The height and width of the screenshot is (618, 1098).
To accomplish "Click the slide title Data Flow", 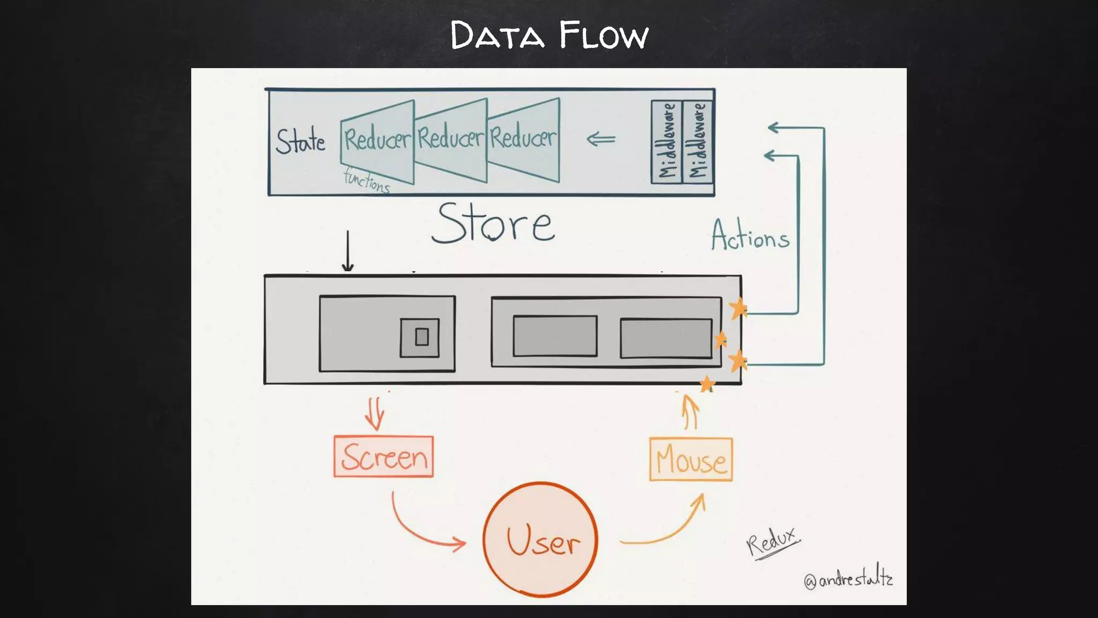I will (549, 35).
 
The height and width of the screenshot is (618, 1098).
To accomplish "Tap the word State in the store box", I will (300, 141).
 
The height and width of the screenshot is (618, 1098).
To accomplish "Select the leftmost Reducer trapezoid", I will (377, 141).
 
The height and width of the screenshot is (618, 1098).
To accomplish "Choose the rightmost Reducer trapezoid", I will (523, 138).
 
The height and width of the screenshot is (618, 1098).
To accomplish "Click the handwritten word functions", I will (367, 180).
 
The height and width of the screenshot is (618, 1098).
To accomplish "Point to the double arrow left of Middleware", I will (601, 140).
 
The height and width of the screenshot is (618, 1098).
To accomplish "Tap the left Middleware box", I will (666, 142).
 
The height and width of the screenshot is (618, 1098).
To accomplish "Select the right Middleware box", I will (698, 142).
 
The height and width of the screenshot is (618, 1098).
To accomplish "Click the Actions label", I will (750, 236).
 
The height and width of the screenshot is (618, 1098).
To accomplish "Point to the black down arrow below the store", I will (348, 251).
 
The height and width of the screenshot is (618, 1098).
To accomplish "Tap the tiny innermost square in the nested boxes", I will (422, 337).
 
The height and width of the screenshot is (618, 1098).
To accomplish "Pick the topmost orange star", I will (738, 308).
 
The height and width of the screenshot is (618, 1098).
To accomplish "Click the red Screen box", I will (383, 457).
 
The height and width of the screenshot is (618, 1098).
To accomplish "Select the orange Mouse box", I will (691, 460).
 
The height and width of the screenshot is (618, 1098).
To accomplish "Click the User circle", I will (540, 540).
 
